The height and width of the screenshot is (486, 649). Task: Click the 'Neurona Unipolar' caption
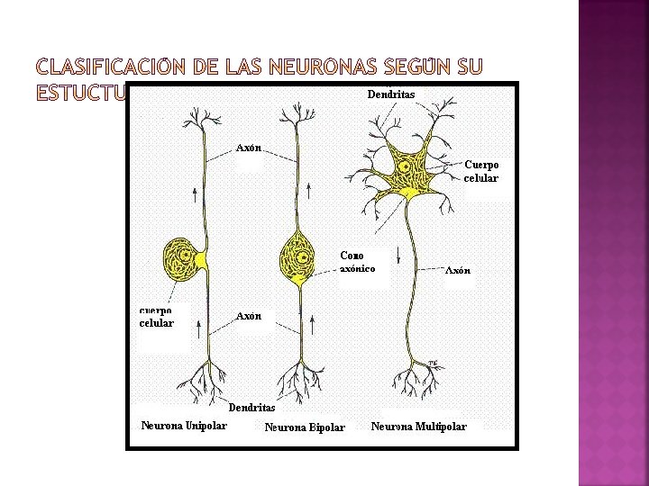point(184,426)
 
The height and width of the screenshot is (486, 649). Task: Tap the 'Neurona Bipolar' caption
point(305,427)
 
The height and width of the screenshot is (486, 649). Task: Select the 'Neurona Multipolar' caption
point(419,426)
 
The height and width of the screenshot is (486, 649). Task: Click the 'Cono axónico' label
point(358,261)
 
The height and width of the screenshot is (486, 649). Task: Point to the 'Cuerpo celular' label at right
point(481,171)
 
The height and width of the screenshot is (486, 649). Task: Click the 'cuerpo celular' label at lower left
point(156,317)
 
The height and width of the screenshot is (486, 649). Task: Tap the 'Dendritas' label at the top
point(391,93)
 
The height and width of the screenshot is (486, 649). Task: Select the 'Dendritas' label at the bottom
point(251,407)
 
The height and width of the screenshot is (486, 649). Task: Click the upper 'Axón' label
point(249,147)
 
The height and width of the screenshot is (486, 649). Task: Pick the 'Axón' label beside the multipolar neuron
point(459,270)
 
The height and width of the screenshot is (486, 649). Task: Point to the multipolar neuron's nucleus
point(406,166)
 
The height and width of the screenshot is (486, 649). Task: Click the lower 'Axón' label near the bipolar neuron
point(249,316)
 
